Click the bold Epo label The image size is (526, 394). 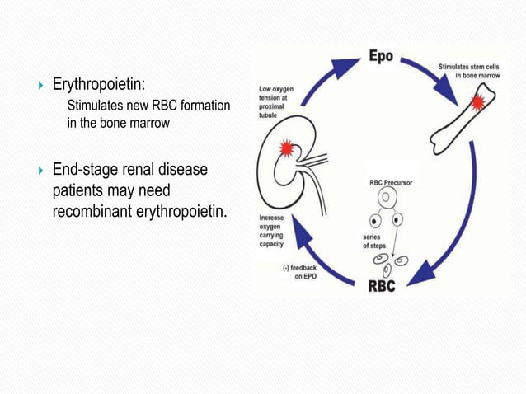point(379,59)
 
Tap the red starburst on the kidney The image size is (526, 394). point(287,149)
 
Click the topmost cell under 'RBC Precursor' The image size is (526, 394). point(383,198)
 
